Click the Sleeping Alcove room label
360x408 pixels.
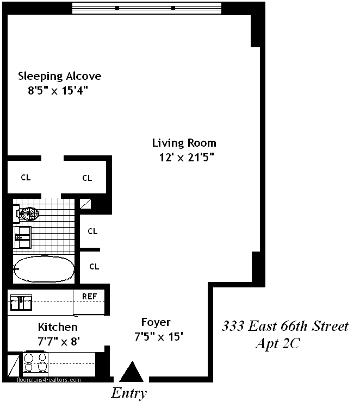(x=60, y=76)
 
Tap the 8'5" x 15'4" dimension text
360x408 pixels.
(x=58, y=91)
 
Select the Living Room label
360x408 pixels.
(x=184, y=143)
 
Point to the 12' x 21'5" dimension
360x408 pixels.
(x=187, y=158)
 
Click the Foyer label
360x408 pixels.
(x=156, y=322)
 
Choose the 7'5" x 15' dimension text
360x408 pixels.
(x=159, y=337)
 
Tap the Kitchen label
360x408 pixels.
(x=58, y=327)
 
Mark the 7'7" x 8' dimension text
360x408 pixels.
(x=59, y=341)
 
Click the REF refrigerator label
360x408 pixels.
(x=89, y=297)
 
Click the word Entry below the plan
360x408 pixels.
(x=129, y=393)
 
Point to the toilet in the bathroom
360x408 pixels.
(x=27, y=215)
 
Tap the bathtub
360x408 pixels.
(x=44, y=269)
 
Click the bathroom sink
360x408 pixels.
(x=23, y=237)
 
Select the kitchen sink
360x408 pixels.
(x=21, y=303)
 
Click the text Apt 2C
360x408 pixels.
(x=278, y=344)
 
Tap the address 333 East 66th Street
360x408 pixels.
(x=285, y=326)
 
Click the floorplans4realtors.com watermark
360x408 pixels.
(x=49, y=380)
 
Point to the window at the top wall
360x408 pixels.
(x=147, y=8)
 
